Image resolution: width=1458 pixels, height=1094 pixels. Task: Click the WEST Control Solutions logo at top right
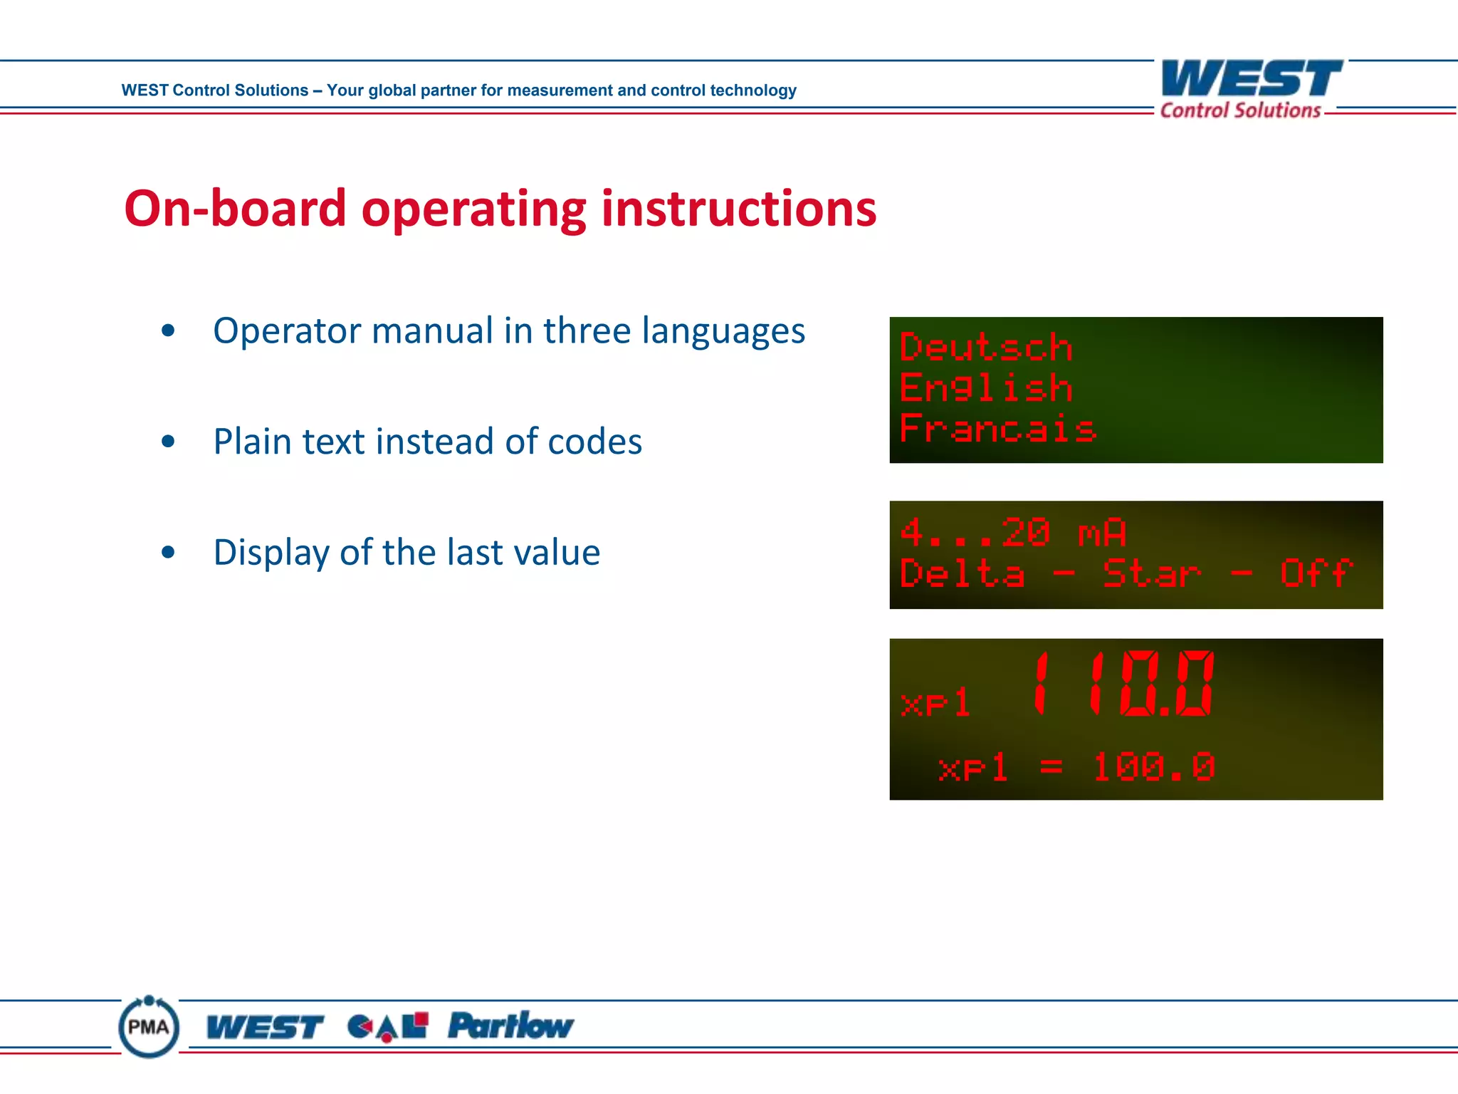[1250, 89]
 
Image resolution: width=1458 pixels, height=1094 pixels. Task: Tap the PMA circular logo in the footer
[149, 1026]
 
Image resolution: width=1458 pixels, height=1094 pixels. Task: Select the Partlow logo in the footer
[510, 1026]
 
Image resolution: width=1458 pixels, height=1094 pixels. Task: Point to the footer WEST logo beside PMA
[264, 1027]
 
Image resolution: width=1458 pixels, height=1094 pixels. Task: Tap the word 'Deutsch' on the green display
[986, 348]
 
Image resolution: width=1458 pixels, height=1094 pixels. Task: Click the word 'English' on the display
[986, 388]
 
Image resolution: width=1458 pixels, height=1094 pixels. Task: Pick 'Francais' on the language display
[997, 429]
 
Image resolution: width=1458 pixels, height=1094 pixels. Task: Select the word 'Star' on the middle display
[1151, 573]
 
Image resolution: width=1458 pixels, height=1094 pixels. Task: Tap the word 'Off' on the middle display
[1316, 573]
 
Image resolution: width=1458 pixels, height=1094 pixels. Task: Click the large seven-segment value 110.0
[1123, 684]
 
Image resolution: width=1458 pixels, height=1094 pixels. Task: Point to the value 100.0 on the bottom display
[1153, 767]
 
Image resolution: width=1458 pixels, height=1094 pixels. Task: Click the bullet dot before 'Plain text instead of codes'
[168, 442]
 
